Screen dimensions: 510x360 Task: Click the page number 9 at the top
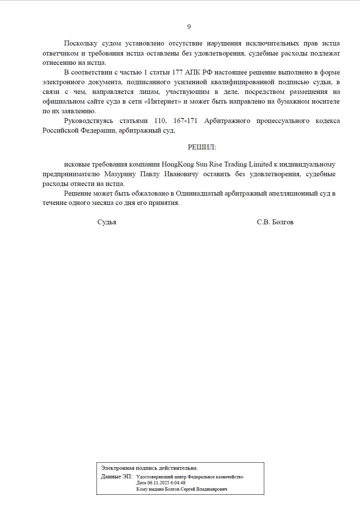(x=189, y=26)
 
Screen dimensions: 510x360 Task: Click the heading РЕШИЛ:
(x=202, y=147)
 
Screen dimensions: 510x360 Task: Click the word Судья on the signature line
(x=107, y=222)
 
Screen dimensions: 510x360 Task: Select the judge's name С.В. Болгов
(x=275, y=222)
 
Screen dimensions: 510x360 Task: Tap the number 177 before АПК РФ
(x=177, y=72)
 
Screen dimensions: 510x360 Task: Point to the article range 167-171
(x=185, y=121)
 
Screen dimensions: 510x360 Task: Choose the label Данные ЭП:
(x=116, y=476)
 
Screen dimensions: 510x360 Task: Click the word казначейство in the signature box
(x=229, y=477)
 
